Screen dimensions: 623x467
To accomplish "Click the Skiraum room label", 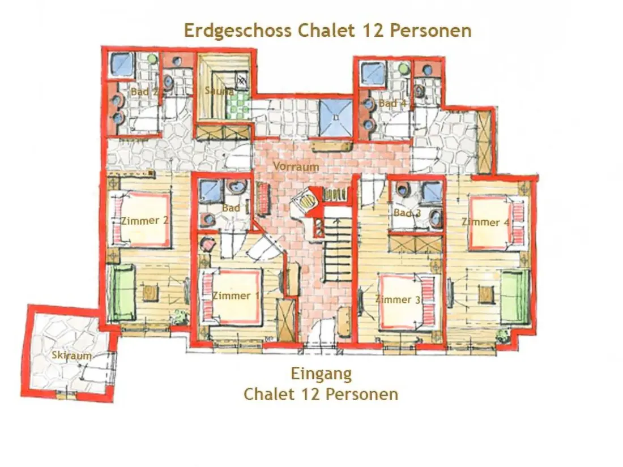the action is click(71, 355).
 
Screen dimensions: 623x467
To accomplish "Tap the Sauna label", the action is click(219, 91).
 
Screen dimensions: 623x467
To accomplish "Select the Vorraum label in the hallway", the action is click(296, 166).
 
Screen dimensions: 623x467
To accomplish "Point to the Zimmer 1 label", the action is click(236, 295).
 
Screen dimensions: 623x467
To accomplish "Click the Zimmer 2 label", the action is click(144, 220).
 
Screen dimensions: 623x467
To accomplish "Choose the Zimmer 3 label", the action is click(398, 299).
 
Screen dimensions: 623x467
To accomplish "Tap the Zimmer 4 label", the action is click(485, 222).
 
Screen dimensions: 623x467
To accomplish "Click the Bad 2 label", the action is click(144, 92).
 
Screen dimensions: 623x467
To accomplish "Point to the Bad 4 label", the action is click(392, 103).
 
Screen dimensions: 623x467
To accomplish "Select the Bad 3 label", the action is click(407, 213).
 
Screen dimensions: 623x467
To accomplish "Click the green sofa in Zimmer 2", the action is click(123, 293).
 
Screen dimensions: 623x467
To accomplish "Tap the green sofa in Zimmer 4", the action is click(515, 297).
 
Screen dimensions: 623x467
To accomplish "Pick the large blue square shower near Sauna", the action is click(336, 118).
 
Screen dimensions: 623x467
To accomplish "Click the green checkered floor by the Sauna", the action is click(238, 106).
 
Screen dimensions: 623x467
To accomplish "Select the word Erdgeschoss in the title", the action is click(237, 31).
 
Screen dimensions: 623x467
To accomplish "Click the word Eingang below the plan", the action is click(321, 374).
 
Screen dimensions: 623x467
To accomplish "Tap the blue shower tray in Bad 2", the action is click(122, 65).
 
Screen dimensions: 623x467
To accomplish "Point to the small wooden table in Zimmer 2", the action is click(150, 293).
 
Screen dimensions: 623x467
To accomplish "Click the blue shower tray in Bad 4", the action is click(373, 74).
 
